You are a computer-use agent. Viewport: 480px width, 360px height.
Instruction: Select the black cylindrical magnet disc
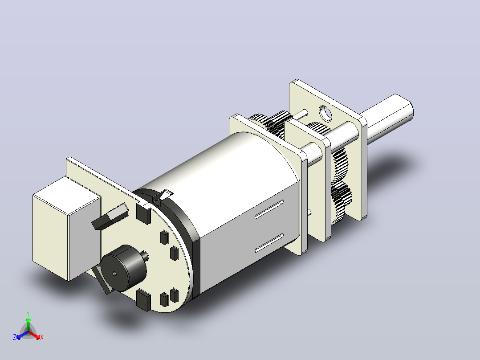click(x=124, y=268)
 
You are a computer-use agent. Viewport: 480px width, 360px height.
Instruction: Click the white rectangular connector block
click(x=67, y=228)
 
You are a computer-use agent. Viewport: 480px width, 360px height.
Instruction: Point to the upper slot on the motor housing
click(x=269, y=209)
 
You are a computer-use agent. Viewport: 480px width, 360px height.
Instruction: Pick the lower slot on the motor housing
click(x=269, y=243)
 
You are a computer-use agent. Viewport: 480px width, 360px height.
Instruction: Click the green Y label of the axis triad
click(x=28, y=313)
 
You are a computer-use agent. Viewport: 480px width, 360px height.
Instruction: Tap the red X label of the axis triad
click(x=42, y=337)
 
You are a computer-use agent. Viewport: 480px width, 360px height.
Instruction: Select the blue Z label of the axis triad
click(x=15, y=337)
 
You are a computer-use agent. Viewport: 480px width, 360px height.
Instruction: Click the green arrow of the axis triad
click(x=28, y=325)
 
